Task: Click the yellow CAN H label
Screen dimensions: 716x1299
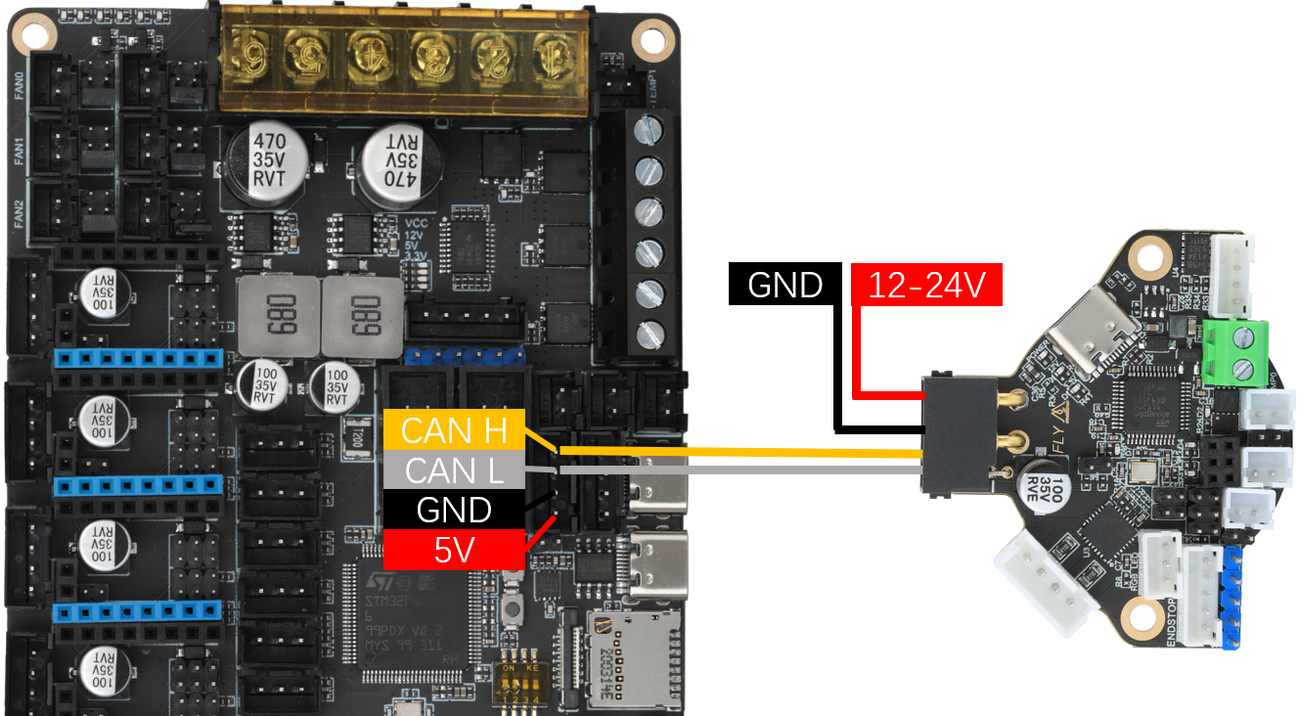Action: pos(451,429)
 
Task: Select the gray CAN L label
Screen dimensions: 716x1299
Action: pos(454,470)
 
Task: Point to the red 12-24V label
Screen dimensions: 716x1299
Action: pos(927,285)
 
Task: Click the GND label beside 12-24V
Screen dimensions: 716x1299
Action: pos(784,285)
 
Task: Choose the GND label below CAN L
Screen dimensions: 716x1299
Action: pos(454,511)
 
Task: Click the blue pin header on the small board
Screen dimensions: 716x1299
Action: pos(1232,597)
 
